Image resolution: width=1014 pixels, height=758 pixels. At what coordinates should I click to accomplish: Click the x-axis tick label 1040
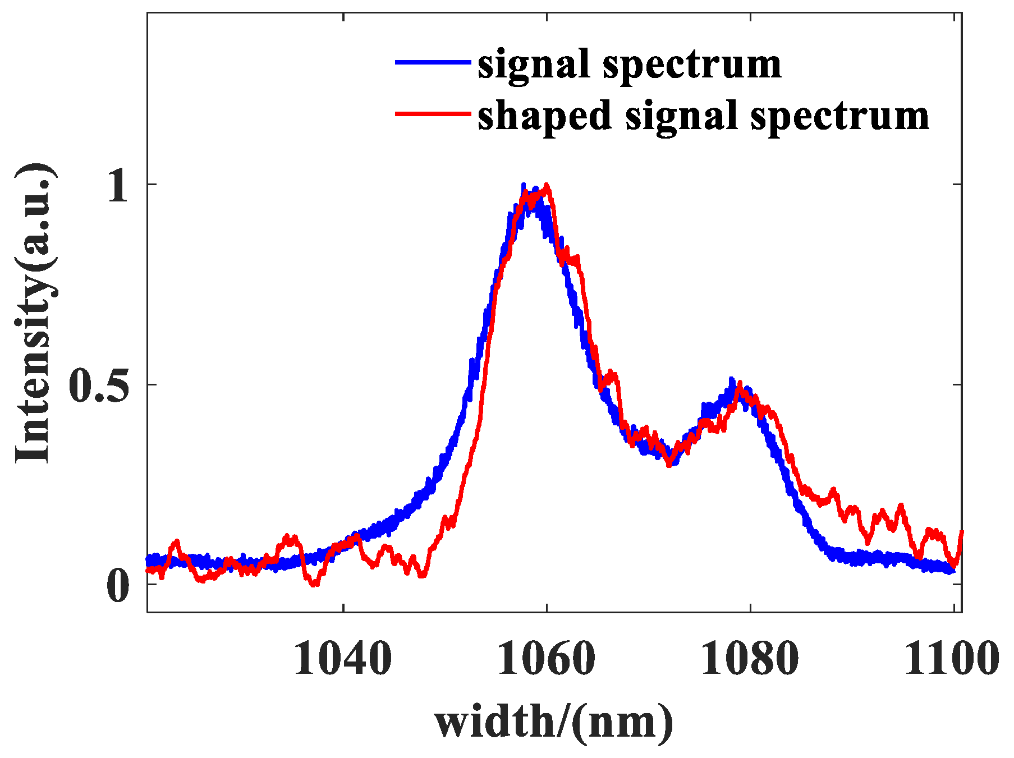[x=342, y=659]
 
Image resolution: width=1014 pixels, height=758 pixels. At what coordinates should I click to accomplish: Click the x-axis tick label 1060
[x=546, y=659]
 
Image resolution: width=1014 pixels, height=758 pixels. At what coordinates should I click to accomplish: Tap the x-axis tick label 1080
[x=750, y=659]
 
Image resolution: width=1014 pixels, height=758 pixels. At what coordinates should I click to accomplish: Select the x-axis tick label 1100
[x=951, y=659]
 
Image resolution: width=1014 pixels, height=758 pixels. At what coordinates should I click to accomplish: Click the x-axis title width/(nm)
[x=553, y=722]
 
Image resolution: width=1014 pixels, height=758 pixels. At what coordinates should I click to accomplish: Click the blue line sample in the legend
[x=432, y=62]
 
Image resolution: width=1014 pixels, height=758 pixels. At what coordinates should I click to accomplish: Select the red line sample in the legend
[x=432, y=114]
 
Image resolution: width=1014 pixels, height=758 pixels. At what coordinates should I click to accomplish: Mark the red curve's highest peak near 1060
[x=546, y=185]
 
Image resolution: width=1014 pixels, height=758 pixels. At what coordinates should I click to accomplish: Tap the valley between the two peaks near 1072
[x=669, y=463]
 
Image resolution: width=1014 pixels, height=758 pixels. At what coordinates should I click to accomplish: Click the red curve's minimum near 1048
[x=423, y=575]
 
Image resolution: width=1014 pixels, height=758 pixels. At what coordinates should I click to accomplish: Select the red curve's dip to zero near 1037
[x=315, y=585]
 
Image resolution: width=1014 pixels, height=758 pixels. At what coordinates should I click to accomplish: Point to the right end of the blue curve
[x=952, y=571]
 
